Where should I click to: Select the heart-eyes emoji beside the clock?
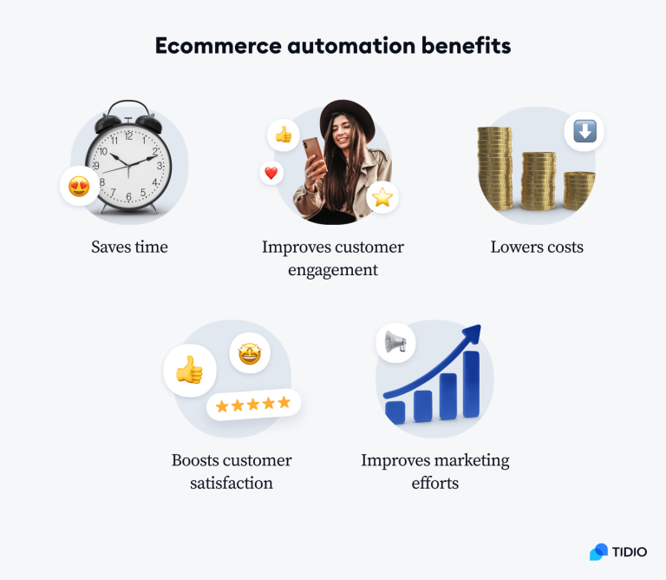pyautogui.click(x=79, y=186)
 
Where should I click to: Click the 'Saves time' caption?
pyautogui.click(x=129, y=247)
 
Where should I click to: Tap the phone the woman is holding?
pyautogui.click(x=311, y=155)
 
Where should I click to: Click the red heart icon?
pyautogui.click(x=271, y=173)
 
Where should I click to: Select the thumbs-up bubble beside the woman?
pyautogui.click(x=283, y=135)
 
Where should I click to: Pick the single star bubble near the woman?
pyautogui.click(x=382, y=198)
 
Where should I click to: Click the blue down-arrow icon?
pyautogui.click(x=584, y=131)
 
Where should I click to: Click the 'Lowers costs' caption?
pyautogui.click(x=537, y=247)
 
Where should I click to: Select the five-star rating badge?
pyautogui.click(x=253, y=404)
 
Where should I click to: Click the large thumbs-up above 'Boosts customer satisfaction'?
pyautogui.click(x=189, y=371)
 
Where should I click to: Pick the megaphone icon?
pyautogui.click(x=395, y=342)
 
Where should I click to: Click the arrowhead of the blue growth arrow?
pyautogui.click(x=471, y=334)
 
